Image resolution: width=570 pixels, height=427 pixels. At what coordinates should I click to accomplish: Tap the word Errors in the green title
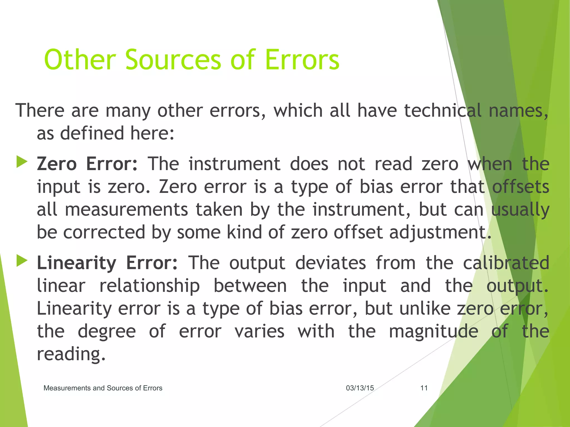302,59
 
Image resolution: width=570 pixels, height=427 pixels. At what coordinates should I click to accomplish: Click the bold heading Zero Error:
87,164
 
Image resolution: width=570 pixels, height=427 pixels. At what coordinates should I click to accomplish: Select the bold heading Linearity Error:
107,263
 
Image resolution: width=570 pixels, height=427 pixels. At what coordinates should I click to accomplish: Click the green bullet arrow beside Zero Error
22,162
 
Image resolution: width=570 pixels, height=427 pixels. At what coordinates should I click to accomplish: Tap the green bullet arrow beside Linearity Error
22,261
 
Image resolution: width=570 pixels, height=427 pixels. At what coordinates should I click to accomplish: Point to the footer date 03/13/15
360,388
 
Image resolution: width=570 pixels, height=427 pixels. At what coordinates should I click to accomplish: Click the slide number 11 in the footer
424,388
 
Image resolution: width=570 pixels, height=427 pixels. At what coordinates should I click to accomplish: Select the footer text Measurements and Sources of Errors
103,388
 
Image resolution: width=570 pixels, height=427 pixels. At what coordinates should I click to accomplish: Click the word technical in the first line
443,110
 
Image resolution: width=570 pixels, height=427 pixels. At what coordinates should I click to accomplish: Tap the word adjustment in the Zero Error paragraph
440,232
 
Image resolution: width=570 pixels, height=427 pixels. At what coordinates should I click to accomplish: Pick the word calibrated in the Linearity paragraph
506,263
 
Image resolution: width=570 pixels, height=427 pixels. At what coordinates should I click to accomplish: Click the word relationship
149,286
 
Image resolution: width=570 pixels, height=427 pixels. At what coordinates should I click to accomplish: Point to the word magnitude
433,331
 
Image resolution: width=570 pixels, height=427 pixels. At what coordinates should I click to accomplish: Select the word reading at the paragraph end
71,354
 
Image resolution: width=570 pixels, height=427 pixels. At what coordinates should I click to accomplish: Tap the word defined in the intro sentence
92,133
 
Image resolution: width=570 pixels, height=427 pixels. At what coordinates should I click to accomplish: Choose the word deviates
330,263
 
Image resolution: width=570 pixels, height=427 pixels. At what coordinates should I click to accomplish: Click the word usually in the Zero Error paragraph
520,210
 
